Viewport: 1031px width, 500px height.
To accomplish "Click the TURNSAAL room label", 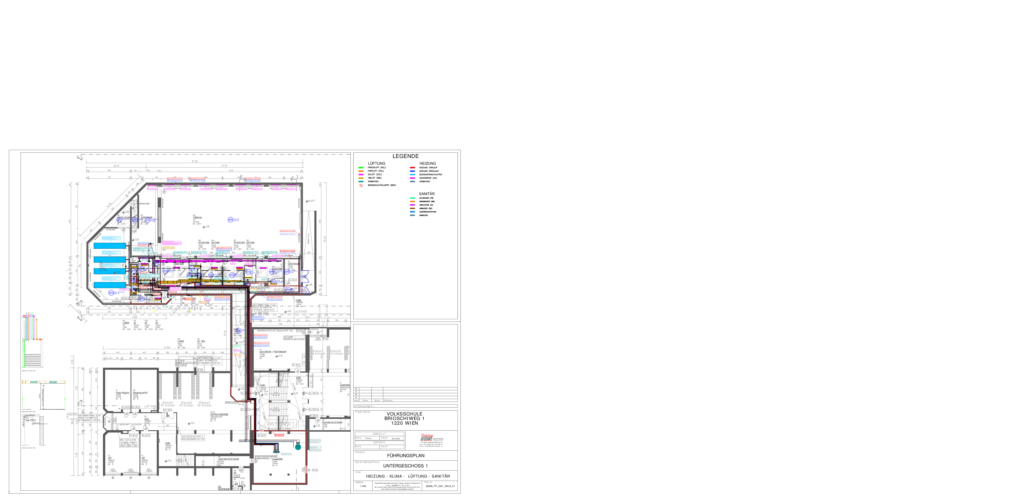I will (198, 218).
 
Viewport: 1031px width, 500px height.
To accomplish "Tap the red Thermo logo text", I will (427, 436).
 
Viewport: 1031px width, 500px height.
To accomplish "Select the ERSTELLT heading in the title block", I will (379, 434).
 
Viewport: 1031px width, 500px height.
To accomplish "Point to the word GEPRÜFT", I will (379, 442).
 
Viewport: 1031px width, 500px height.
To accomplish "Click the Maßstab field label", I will (359, 482).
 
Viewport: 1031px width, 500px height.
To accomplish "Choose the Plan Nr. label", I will (428, 482).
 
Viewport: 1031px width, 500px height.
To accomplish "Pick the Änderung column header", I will (388, 400).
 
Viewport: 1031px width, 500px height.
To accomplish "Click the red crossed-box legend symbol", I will (361, 186).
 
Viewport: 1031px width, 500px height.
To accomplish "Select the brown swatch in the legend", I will (412, 208).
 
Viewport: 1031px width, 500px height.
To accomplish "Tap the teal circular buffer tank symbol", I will (298, 447).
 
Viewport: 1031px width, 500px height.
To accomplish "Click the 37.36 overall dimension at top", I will (194, 161).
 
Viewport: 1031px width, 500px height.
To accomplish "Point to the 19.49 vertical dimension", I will (325, 239).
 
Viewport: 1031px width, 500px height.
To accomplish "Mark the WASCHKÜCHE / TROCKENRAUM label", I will (273, 352).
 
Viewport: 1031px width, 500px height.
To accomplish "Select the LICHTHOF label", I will (301, 312).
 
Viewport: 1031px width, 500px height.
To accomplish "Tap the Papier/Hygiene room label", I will (123, 393).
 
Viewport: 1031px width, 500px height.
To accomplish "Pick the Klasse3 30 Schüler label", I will (204, 404).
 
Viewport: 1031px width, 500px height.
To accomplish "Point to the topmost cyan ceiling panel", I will (110, 246).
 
